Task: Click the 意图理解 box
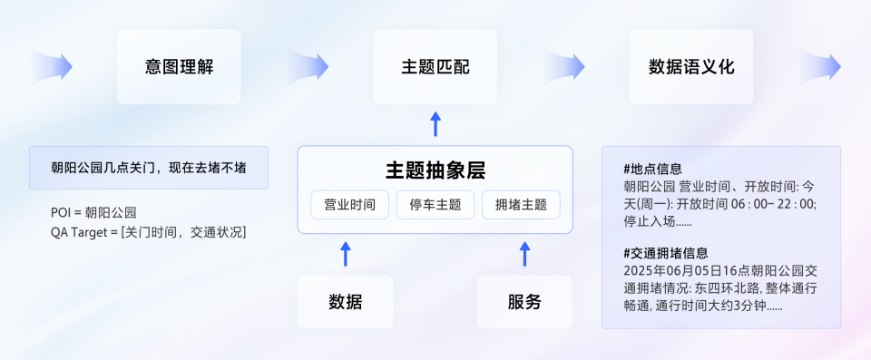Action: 179,66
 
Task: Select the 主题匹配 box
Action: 435,66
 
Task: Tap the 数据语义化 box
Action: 691,66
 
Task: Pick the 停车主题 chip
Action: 435,204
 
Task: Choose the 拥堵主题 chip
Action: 521,204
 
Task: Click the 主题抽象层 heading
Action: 435,170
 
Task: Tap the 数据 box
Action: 345,301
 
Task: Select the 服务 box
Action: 524,301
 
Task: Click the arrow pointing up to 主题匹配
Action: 435,124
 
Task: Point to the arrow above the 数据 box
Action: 345,253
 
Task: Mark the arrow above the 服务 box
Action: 524,253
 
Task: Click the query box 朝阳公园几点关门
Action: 148,168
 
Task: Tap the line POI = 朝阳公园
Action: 93,213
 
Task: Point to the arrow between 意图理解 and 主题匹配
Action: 308,66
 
